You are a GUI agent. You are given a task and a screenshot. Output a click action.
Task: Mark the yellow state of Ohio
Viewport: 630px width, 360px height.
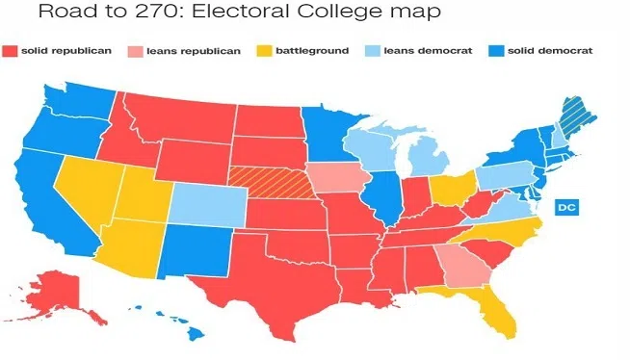pos(447,189)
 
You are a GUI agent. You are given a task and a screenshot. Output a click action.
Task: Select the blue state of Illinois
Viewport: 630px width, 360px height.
pos(383,195)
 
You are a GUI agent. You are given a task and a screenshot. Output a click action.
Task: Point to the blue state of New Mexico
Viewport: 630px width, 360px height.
pos(187,253)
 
